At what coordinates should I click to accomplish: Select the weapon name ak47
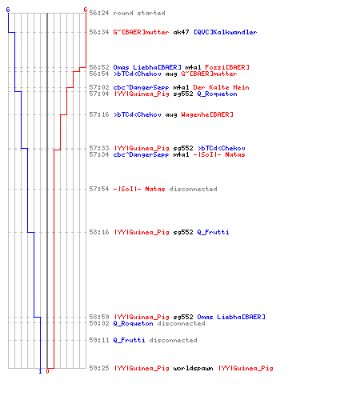click(x=181, y=32)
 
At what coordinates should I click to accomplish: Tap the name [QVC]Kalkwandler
click(x=225, y=32)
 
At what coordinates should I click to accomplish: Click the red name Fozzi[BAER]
click(x=227, y=67)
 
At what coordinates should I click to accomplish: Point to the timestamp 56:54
click(x=99, y=74)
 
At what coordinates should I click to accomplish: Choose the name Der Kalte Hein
click(x=221, y=87)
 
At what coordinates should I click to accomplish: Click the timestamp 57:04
click(x=99, y=94)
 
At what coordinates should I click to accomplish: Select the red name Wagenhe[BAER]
click(x=207, y=114)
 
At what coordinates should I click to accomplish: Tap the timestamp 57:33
click(x=99, y=148)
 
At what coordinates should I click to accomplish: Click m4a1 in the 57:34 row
click(x=181, y=154)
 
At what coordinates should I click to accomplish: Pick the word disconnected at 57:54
click(x=193, y=189)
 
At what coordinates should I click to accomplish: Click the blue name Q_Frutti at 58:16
click(x=213, y=232)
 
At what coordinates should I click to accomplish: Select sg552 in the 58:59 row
click(x=183, y=317)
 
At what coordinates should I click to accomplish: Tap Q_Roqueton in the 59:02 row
click(x=133, y=323)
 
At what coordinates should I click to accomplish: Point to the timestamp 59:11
click(x=99, y=340)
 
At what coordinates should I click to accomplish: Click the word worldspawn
click(x=193, y=368)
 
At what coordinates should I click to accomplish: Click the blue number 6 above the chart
click(x=8, y=10)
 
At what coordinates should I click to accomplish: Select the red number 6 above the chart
click(x=86, y=10)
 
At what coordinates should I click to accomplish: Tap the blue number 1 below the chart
click(x=40, y=371)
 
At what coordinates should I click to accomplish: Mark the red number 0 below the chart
click(x=47, y=371)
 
